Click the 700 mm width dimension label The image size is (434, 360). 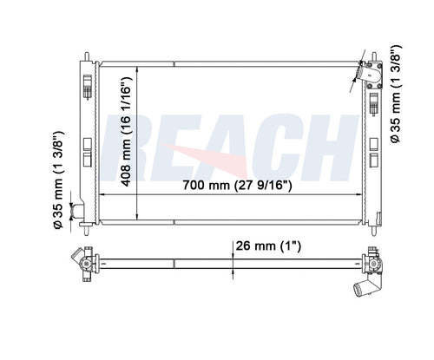(237, 185)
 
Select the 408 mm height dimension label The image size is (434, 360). (127, 132)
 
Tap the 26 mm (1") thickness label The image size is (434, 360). (268, 246)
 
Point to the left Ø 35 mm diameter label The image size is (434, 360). (58, 180)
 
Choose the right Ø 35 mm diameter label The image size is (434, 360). (396, 94)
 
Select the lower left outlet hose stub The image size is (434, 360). (77, 211)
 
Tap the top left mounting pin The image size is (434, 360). (87, 56)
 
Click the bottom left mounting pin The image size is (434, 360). (86, 231)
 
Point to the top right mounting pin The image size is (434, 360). (374, 56)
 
